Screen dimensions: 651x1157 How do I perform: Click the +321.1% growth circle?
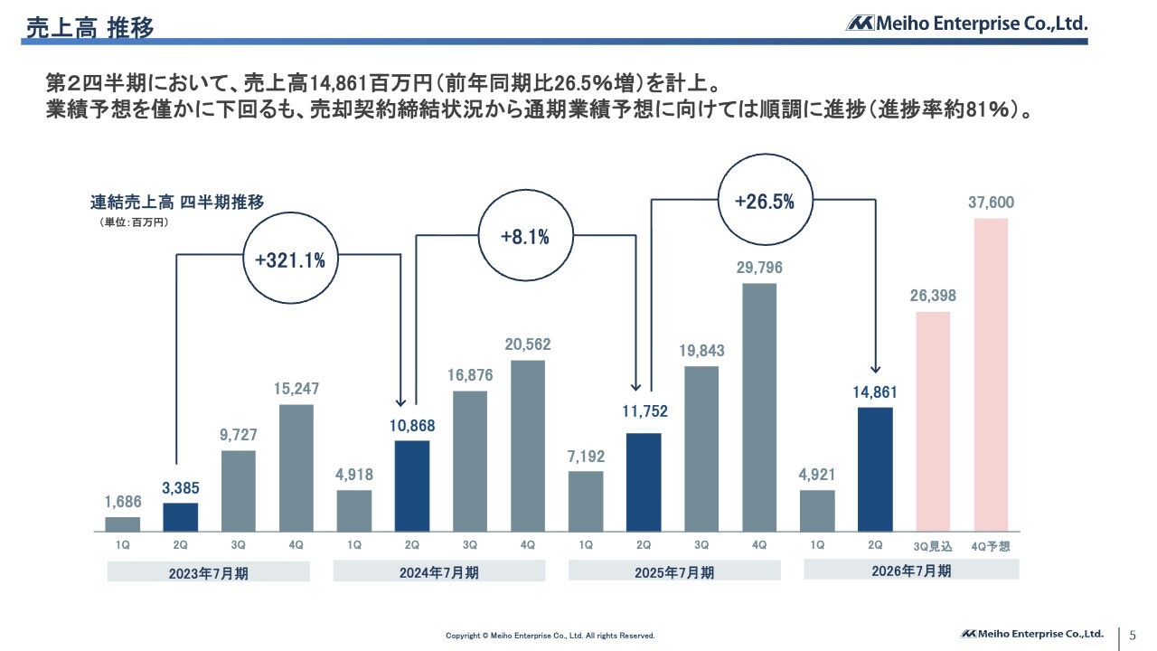pyautogui.click(x=289, y=261)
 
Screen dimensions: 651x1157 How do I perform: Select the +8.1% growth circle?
pyautogui.click(x=524, y=237)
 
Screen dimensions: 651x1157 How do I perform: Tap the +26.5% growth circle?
pyautogui.click(x=764, y=202)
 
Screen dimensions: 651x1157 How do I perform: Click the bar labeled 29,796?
pyautogui.click(x=759, y=408)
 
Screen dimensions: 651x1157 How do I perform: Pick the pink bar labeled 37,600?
pyautogui.click(x=991, y=374)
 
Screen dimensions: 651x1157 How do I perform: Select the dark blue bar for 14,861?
pyautogui.click(x=875, y=469)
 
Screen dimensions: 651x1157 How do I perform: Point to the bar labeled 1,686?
pyautogui.click(x=123, y=524)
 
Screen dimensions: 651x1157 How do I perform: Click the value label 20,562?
pyautogui.click(x=528, y=344)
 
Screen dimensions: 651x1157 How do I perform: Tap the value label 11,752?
pyautogui.click(x=644, y=411)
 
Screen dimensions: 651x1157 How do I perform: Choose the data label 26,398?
pyautogui.click(x=934, y=296)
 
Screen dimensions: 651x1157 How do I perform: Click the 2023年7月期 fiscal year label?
pyautogui.click(x=209, y=572)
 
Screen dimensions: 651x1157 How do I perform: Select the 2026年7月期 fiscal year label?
pyautogui.click(x=911, y=571)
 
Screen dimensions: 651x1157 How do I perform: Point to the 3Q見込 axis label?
pyautogui.click(x=934, y=546)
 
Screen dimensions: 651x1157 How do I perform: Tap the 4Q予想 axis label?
pyautogui.click(x=991, y=546)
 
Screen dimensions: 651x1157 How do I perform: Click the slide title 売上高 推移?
pyautogui.click(x=89, y=27)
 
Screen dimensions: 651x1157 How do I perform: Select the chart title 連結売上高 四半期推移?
pyautogui.click(x=177, y=203)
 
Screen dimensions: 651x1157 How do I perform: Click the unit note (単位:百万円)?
pyautogui.click(x=134, y=222)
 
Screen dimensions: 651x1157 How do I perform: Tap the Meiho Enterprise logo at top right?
pyautogui.click(x=966, y=24)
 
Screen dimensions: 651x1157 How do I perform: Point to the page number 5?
pyautogui.click(x=1133, y=635)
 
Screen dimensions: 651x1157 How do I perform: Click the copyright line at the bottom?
pyautogui.click(x=550, y=636)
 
